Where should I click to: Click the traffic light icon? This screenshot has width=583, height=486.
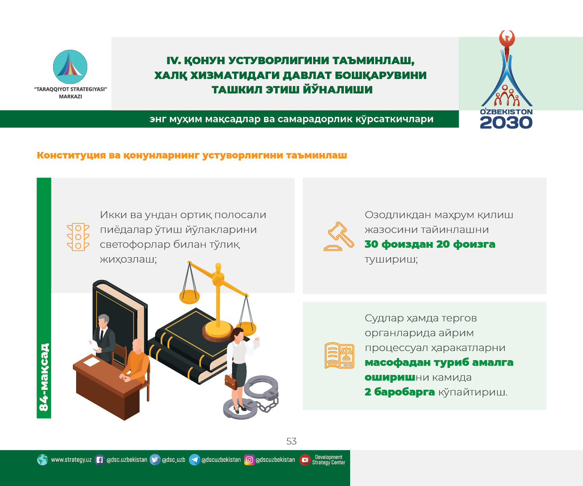(78, 237)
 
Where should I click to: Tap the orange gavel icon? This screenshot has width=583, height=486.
(339, 236)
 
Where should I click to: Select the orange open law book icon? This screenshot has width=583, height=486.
(339, 355)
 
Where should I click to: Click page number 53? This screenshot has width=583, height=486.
(291, 441)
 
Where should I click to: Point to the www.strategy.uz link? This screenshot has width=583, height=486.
(71, 460)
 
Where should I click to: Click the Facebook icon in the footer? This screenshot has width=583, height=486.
(100, 460)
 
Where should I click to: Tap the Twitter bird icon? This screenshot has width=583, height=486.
(155, 460)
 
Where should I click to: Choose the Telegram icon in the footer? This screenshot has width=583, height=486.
(194, 460)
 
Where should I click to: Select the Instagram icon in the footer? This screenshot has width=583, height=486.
(249, 460)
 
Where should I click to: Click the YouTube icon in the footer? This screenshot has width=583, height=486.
(305, 460)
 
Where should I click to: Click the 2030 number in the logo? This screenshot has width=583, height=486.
(506, 123)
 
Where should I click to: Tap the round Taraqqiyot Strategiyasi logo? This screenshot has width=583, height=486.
(70, 67)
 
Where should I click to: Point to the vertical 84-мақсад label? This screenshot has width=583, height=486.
(44, 377)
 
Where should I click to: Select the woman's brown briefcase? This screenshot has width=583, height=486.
(231, 382)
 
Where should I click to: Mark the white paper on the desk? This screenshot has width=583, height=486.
(92, 362)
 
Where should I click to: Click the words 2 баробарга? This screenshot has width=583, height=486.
(400, 392)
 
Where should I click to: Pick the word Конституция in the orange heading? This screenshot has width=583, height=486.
(71, 155)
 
